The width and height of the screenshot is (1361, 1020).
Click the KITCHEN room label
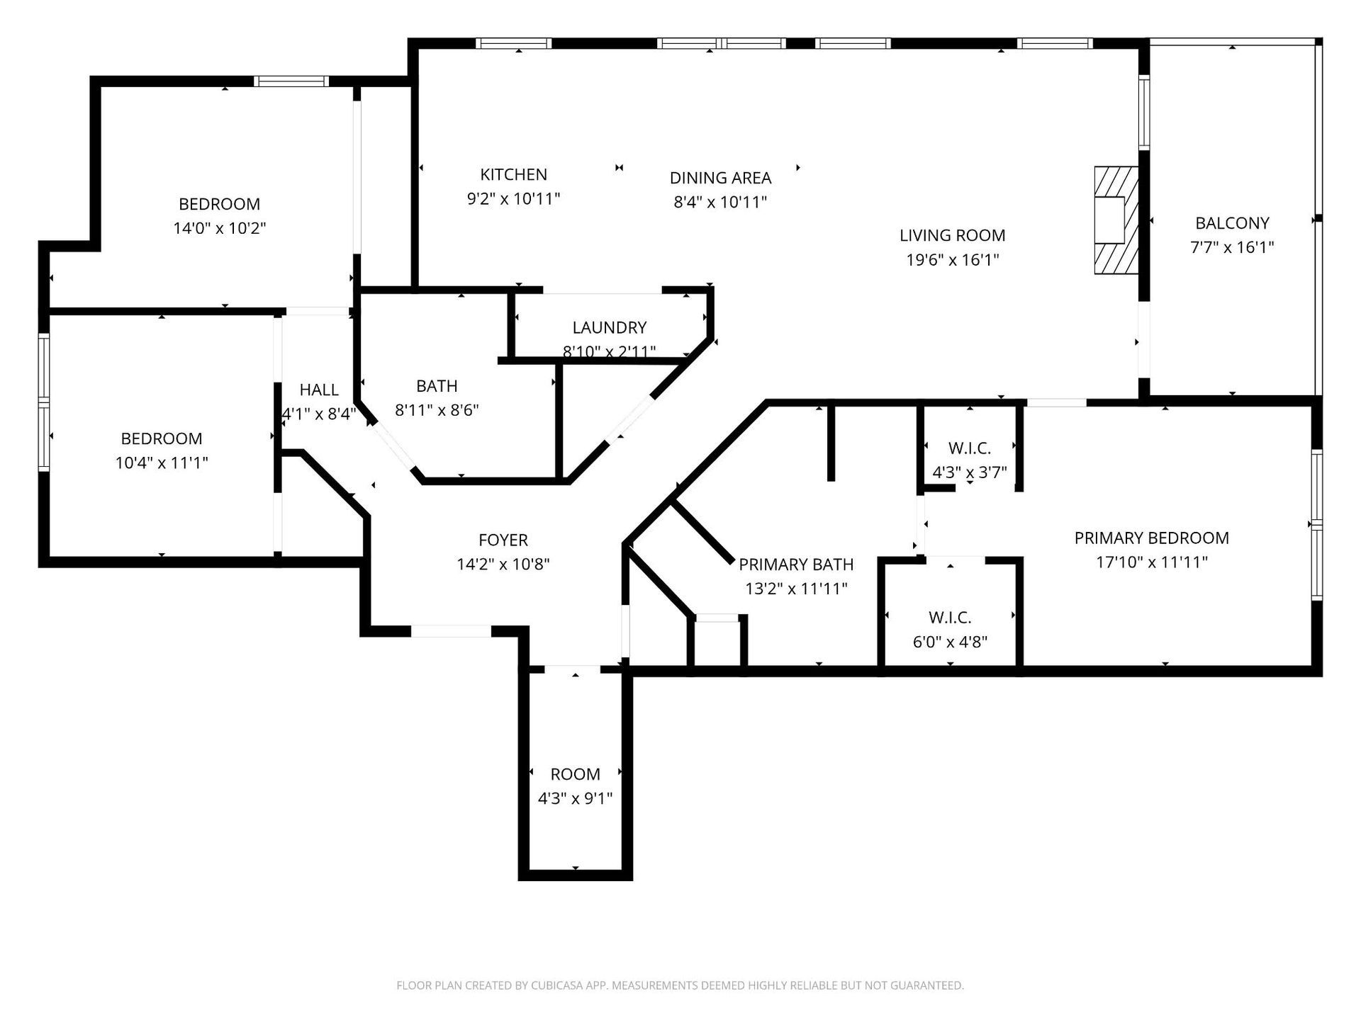pyautogui.click(x=513, y=174)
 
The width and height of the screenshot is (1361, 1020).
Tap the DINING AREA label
pyautogui.click(x=720, y=178)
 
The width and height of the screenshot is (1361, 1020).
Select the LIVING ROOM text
pyautogui.click(x=953, y=235)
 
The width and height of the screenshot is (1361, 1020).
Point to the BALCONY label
pyautogui.click(x=1232, y=223)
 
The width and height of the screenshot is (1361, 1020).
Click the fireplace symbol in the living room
pyautogui.click(x=1116, y=220)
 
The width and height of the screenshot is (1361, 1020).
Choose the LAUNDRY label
pyautogui.click(x=610, y=327)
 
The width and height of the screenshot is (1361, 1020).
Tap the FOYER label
pyautogui.click(x=503, y=540)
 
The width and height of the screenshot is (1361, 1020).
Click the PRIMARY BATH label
pyautogui.click(x=796, y=565)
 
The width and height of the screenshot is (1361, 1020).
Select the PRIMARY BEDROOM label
pyautogui.click(x=1152, y=538)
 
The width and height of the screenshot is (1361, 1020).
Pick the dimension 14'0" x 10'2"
pyautogui.click(x=220, y=228)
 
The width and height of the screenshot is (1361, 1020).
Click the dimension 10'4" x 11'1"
pyautogui.click(x=162, y=463)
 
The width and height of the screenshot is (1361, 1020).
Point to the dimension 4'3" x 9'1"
pyautogui.click(x=575, y=799)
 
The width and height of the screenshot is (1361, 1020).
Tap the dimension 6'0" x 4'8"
pyautogui.click(x=950, y=642)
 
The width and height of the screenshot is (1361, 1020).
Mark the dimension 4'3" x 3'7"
pyautogui.click(x=969, y=472)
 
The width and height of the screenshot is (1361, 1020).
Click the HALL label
pyautogui.click(x=319, y=390)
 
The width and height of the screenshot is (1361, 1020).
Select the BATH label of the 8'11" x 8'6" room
pyautogui.click(x=437, y=386)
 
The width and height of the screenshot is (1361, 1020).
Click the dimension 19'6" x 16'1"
pyautogui.click(x=953, y=260)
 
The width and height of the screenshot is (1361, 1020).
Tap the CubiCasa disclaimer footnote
pyautogui.click(x=680, y=985)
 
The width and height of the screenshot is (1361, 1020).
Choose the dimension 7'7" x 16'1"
pyautogui.click(x=1232, y=247)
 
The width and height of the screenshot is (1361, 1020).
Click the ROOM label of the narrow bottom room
pyautogui.click(x=575, y=774)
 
